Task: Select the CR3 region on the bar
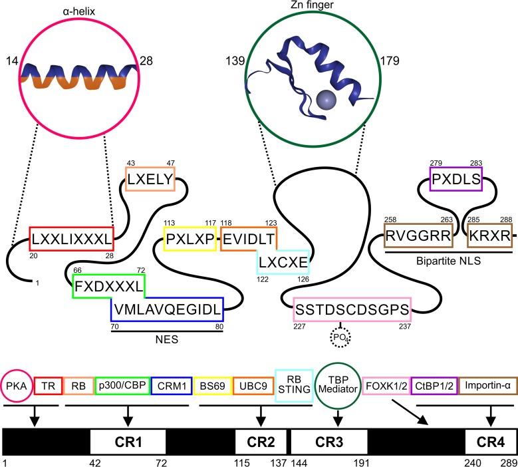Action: (329, 442)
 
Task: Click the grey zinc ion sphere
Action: (326, 100)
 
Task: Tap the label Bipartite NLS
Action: (448, 261)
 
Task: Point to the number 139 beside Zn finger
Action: (235, 61)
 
